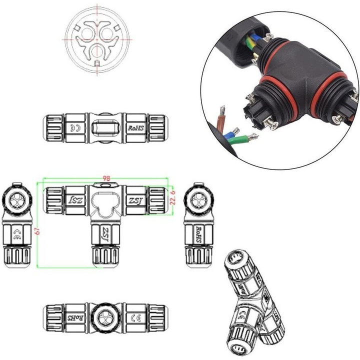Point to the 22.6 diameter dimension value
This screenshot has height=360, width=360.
pos(171,198)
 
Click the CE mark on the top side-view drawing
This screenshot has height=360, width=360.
pos(77,128)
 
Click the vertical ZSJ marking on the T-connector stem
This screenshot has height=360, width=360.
pos(105,235)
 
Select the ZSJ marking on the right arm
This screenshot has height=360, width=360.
pos(135,200)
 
